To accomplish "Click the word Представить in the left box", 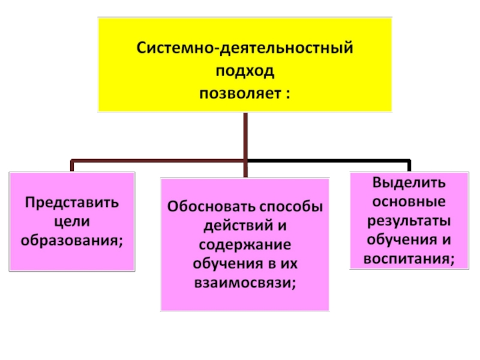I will (71, 202).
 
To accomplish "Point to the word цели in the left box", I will (71, 221).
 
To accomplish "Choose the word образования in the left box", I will (70, 240).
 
